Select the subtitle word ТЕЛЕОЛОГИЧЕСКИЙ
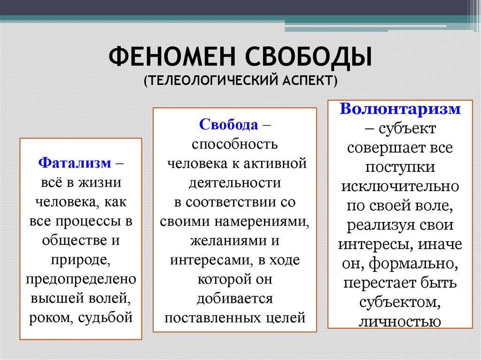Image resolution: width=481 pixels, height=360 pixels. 209,81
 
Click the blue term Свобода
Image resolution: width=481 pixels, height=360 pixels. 229,125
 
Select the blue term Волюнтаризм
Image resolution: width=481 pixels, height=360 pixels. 400,109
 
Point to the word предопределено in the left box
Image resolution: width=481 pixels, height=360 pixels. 81,279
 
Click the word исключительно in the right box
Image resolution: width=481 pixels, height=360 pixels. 400,186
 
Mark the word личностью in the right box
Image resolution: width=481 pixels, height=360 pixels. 400,322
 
